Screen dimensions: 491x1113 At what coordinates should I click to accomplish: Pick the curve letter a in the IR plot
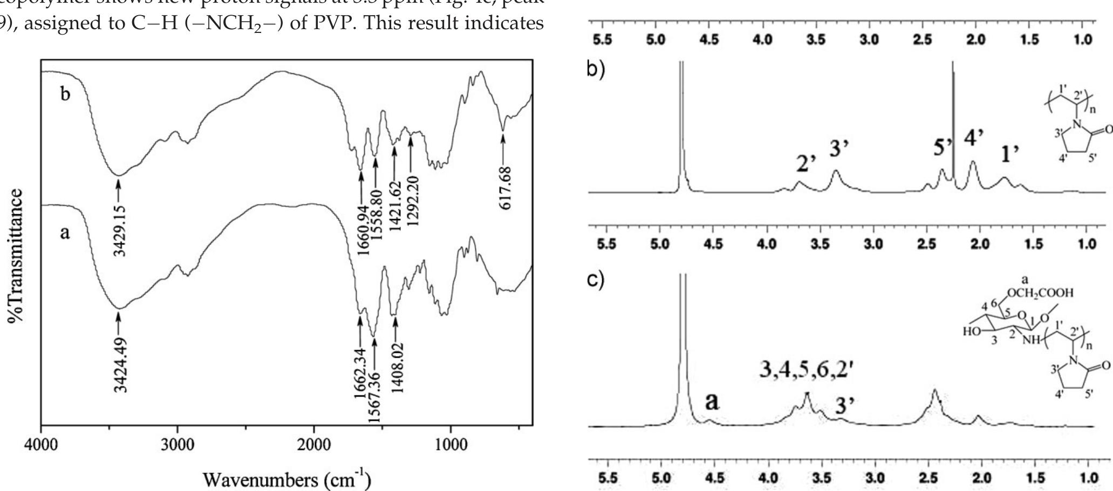(x=64, y=249)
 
